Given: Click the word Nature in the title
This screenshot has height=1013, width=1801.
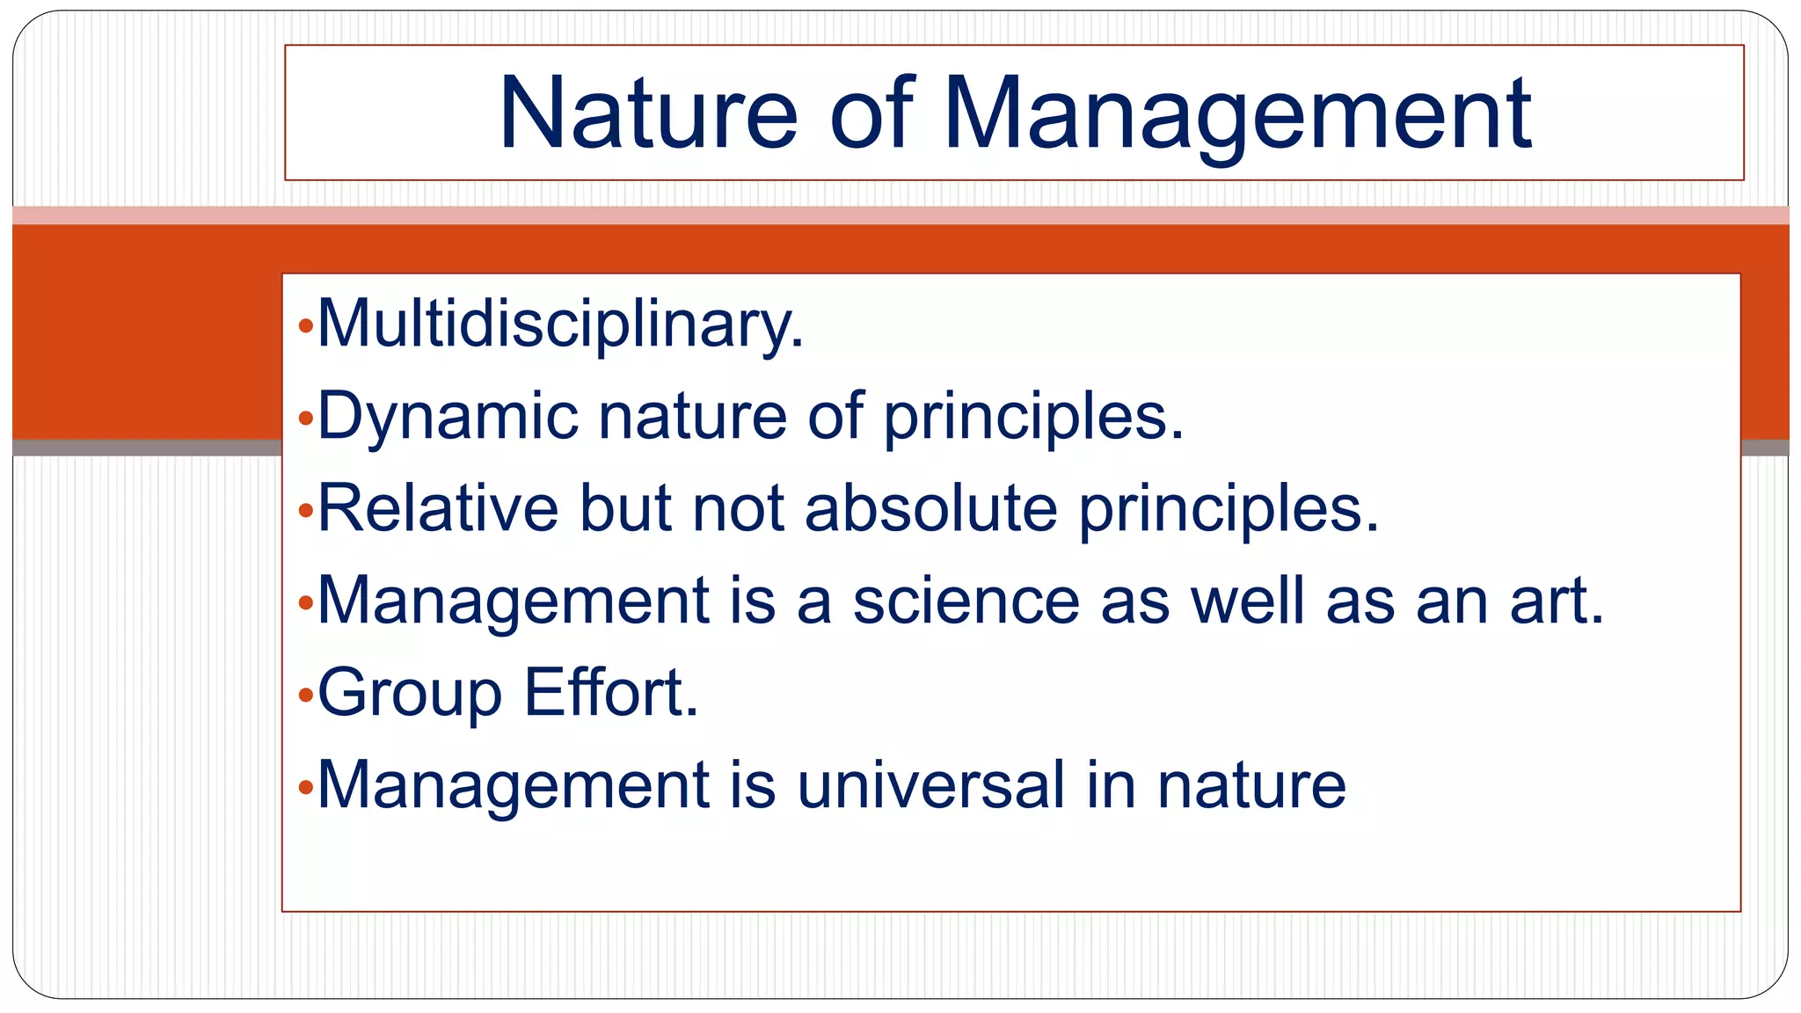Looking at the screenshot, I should (x=648, y=114).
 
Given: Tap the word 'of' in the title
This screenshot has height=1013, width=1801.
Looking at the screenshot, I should (x=871, y=114).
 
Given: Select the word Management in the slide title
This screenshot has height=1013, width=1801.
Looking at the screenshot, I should (x=1237, y=114).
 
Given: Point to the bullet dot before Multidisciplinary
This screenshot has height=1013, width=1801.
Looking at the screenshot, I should (x=305, y=327).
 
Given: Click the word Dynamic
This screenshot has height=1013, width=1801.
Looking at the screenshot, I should (x=448, y=416).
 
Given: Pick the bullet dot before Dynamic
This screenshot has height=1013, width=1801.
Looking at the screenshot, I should (x=305, y=419).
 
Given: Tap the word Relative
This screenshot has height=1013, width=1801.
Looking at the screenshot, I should (x=438, y=508).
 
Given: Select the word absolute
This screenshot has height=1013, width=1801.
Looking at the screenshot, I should (x=930, y=508).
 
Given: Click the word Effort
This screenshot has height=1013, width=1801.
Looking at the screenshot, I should (x=610, y=692).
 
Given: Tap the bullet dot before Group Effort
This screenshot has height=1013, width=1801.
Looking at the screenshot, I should (x=305, y=696).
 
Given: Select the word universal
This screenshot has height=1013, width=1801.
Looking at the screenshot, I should (x=930, y=784).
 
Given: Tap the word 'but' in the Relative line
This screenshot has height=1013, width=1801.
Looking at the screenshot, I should (x=625, y=508).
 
